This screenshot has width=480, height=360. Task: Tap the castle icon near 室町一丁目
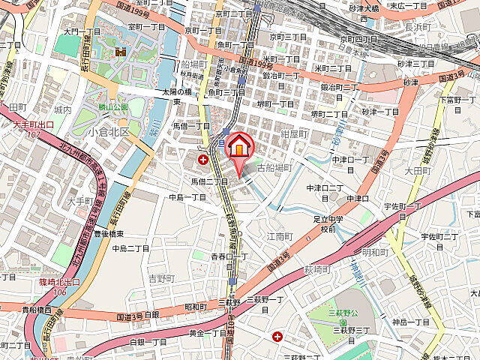[x=120, y=51]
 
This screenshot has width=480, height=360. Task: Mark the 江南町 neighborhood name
[x=278, y=235]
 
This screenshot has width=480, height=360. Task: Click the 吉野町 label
[x=161, y=277]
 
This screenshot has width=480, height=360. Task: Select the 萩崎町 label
[x=318, y=268]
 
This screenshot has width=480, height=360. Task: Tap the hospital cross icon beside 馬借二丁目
[x=202, y=159]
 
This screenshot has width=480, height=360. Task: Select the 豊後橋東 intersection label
[x=108, y=233]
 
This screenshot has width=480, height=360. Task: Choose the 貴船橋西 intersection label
[x=36, y=309]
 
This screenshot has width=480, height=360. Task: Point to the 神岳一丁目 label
[x=411, y=322]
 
